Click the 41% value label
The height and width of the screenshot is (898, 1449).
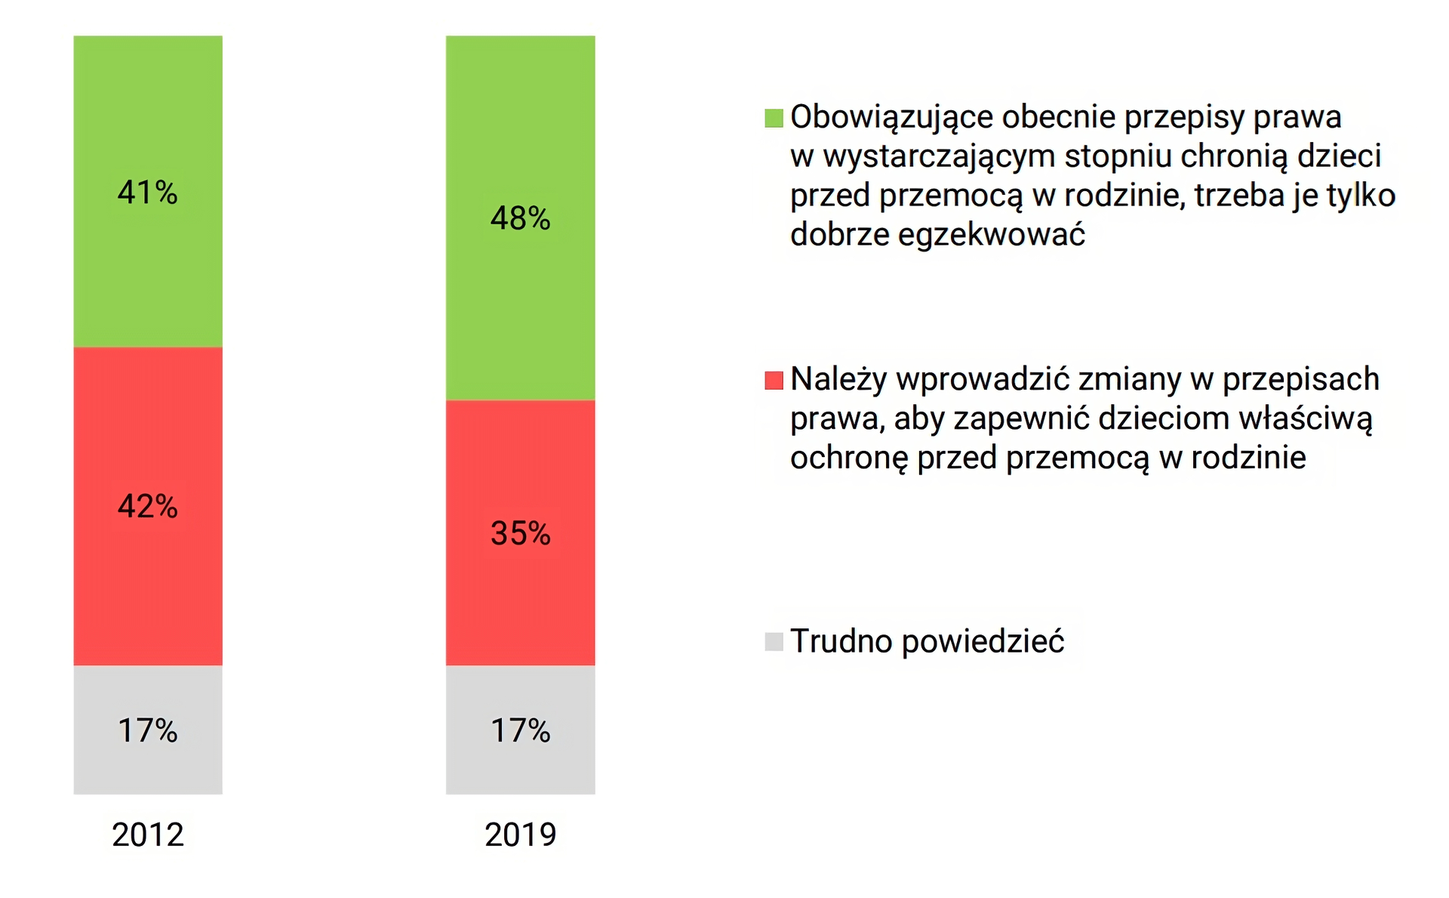tap(148, 193)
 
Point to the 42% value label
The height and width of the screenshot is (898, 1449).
tap(148, 506)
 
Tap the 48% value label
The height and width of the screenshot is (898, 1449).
tap(520, 218)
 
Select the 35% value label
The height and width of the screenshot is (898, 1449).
tap(520, 533)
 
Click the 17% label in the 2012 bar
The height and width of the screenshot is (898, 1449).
tap(148, 730)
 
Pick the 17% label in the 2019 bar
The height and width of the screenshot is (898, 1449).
tap(520, 730)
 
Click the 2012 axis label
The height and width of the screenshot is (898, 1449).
tap(148, 835)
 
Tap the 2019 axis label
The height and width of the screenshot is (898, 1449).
tap(520, 835)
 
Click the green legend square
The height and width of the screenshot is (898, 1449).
tap(774, 118)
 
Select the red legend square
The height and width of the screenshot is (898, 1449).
tap(774, 380)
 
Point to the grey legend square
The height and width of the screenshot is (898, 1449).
tap(774, 642)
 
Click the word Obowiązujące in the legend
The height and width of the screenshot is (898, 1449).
tap(891, 118)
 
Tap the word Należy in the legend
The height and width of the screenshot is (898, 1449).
tap(838, 380)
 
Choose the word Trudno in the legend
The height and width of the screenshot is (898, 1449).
tap(841, 641)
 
